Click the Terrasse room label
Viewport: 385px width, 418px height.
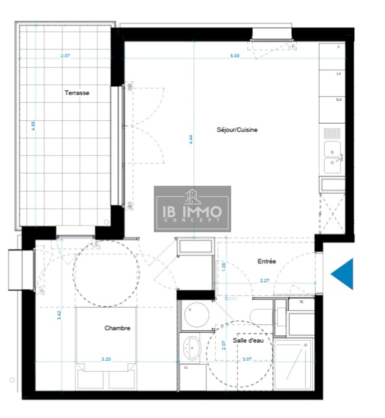pos(77,93)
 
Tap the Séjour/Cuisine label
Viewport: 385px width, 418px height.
pos(237,130)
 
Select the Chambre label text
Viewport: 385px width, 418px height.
pos(117,328)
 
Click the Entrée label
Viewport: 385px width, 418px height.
pos(267,262)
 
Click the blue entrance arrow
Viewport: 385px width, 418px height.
pos(344,274)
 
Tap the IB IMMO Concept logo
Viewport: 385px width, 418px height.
pos(192,209)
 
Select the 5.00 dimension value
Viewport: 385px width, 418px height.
pos(235,56)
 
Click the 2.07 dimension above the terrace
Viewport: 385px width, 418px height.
pos(65,56)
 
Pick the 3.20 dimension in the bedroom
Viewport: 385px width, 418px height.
pos(106,359)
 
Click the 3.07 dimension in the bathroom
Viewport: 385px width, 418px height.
pos(247,359)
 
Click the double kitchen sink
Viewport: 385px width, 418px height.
pos(332,157)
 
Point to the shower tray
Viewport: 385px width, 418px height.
pos(293,364)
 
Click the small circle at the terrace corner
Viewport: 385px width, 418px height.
pos(107,222)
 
